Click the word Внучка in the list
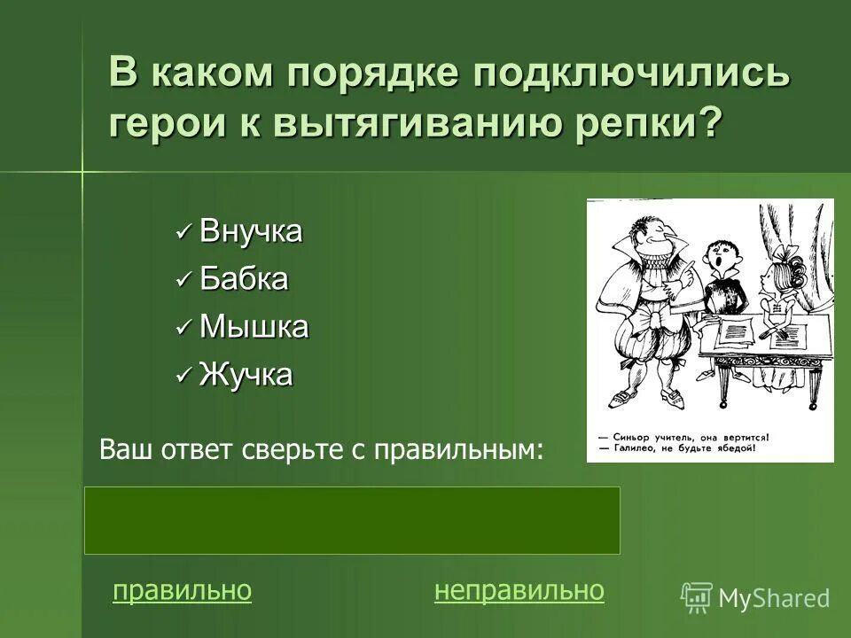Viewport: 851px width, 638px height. click(251, 232)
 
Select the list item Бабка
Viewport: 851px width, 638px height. click(244, 280)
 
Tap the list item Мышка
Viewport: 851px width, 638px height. click(254, 327)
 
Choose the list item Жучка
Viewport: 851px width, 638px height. click(246, 375)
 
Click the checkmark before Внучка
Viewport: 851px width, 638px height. click(183, 233)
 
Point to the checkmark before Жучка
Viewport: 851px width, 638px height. click(183, 376)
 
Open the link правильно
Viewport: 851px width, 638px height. click(182, 591)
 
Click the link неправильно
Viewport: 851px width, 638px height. click(519, 591)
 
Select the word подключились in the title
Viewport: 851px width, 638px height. click(629, 74)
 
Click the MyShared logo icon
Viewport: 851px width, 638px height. click(696, 597)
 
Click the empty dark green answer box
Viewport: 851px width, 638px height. click(352, 520)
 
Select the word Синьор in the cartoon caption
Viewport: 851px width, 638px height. click(630, 438)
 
